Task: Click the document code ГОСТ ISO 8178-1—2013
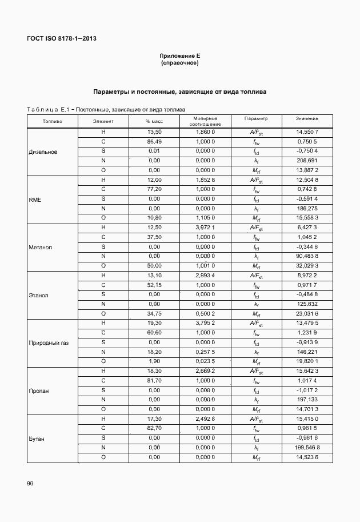pos(61,39)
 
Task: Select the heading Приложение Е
pos(180,56)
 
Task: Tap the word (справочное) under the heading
pos(180,63)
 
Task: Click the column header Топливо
pos(52,121)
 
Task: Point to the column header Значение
pos(307,118)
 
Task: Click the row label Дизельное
pos(43,152)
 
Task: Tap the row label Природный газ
pos(49,342)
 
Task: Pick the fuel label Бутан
pos(37,439)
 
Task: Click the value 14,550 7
pos(307,132)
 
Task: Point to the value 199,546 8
pos(307,448)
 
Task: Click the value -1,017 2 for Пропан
pos(307,390)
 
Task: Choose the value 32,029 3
pos(307,266)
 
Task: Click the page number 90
pos(30,484)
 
